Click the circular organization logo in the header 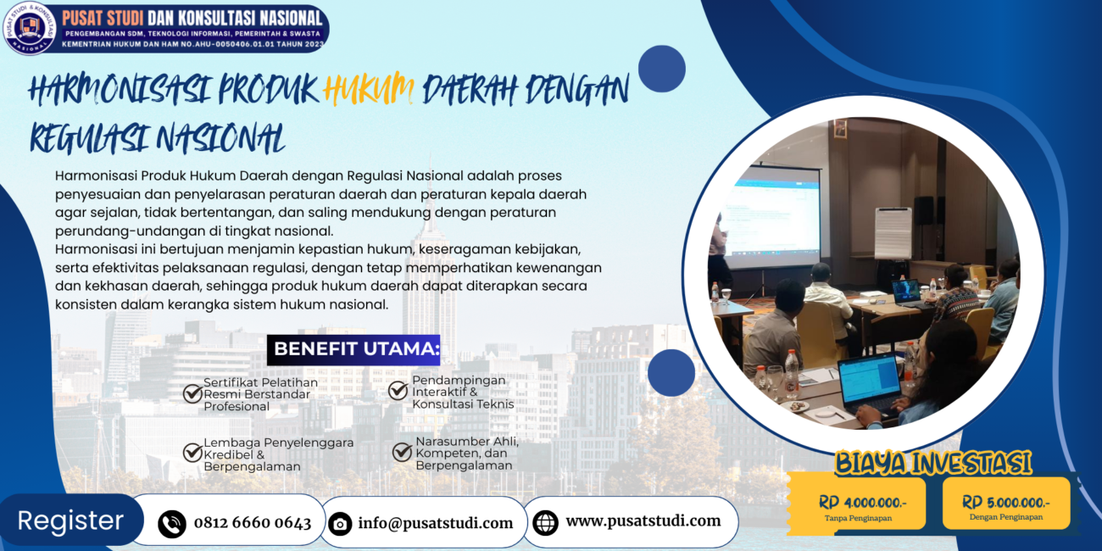(30, 27)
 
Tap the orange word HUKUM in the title (369, 89)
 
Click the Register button (71, 520)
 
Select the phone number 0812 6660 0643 (253, 522)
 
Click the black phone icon (172, 524)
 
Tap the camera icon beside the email (340, 524)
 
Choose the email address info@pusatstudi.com (436, 523)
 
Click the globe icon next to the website (545, 522)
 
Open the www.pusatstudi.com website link (643, 521)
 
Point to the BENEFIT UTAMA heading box (353, 349)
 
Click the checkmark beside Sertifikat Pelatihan (192, 393)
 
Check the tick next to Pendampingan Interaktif (398, 391)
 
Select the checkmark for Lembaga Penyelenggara (192, 452)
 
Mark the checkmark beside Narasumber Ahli (402, 451)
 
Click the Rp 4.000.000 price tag (859, 504)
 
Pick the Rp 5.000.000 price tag (1006, 504)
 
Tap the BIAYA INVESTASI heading (932, 463)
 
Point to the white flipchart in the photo (893, 233)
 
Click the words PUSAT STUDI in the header (103, 19)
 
